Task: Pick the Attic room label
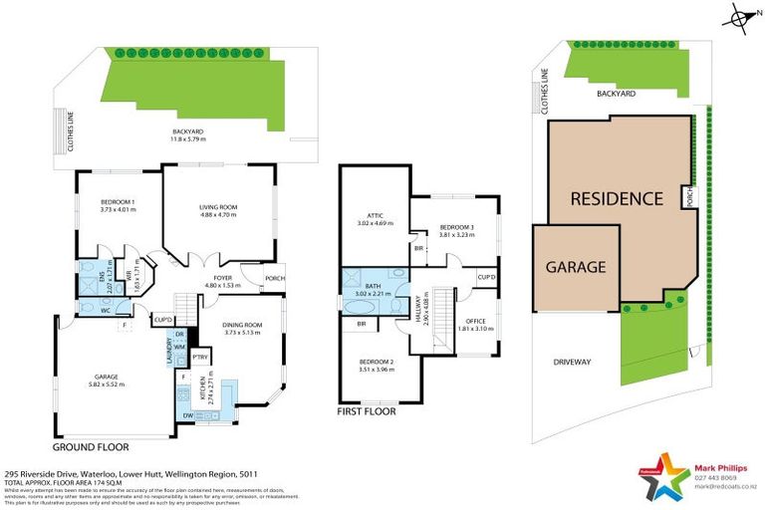tap(373, 221)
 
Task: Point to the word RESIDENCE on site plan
tap(616, 198)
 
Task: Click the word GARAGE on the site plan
tap(575, 267)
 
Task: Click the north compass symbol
tap(738, 17)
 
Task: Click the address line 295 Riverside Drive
tap(130, 475)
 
